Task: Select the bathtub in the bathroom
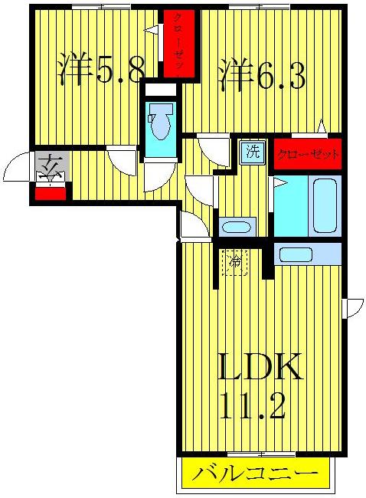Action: click(325, 206)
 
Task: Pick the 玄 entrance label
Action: click(51, 165)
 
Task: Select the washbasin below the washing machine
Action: click(237, 227)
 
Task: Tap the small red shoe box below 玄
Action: click(51, 193)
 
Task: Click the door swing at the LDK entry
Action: click(191, 224)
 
